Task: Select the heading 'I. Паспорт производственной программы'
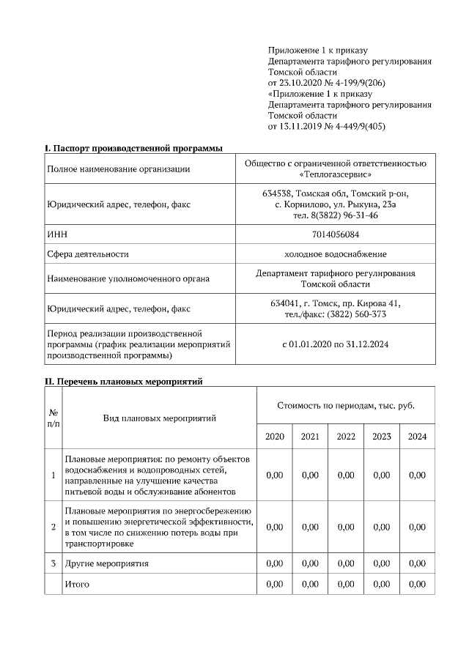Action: [134, 148]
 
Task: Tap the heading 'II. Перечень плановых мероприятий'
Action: [123, 382]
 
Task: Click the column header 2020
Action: [275, 436]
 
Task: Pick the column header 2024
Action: [417, 436]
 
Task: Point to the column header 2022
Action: [346, 436]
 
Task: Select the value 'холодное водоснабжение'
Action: [335, 254]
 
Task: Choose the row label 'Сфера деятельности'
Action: [88, 254]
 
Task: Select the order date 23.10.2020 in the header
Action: [301, 83]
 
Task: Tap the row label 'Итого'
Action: [78, 584]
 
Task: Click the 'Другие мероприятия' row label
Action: [107, 563]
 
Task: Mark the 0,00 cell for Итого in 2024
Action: [417, 584]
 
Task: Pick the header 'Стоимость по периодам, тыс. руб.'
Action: [346, 405]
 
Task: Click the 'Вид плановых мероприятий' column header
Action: [159, 418]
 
